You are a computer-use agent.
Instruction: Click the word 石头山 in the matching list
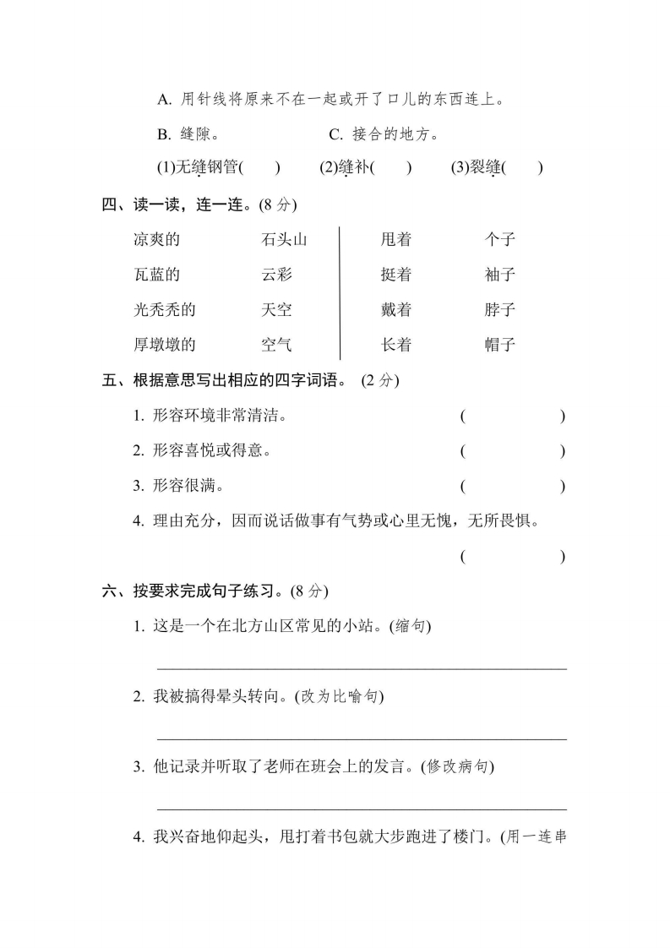(x=284, y=240)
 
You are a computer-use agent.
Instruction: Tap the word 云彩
(x=276, y=275)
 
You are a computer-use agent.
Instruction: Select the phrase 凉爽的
(x=156, y=240)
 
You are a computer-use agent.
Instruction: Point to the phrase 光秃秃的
(x=164, y=310)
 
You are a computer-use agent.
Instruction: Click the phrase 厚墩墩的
(x=164, y=345)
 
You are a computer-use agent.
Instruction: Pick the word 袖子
(x=500, y=275)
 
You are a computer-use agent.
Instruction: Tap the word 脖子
(x=500, y=310)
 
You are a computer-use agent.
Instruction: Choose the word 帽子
(x=500, y=345)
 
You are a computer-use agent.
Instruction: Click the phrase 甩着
(x=395, y=240)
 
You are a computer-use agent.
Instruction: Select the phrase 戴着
(x=395, y=310)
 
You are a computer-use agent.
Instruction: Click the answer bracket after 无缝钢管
(x=259, y=167)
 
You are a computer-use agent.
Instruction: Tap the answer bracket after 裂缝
(x=523, y=167)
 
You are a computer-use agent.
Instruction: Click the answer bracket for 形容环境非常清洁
(x=513, y=417)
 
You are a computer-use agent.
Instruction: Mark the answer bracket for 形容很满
(x=513, y=487)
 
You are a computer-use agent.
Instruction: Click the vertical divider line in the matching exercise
(x=340, y=292)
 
